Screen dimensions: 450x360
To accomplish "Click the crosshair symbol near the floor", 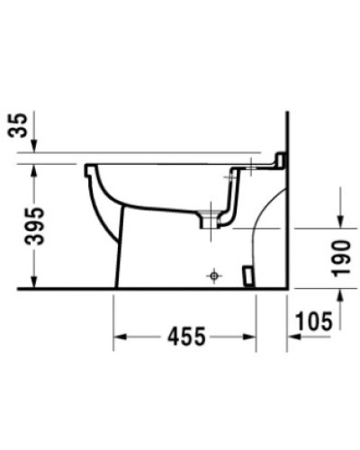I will click(x=213, y=275).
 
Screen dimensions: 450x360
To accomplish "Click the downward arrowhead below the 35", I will click(x=33, y=147).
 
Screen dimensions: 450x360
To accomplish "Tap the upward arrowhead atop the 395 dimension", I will click(x=33, y=171).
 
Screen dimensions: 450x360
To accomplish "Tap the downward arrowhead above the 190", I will click(x=339, y=221).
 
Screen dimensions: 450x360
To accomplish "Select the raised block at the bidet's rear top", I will click(x=279, y=161).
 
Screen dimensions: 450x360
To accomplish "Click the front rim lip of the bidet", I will click(x=89, y=170).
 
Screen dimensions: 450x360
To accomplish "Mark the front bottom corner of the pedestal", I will click(x=116, y=287).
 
